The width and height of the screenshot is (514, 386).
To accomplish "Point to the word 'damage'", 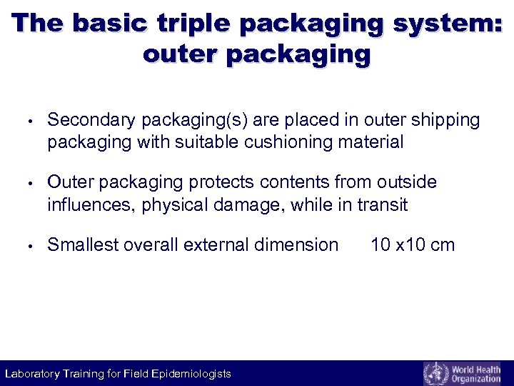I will [246, 205].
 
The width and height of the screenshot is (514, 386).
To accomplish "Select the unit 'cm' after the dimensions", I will [443, 245].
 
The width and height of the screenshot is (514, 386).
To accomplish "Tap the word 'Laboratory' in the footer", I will [32, 374].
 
